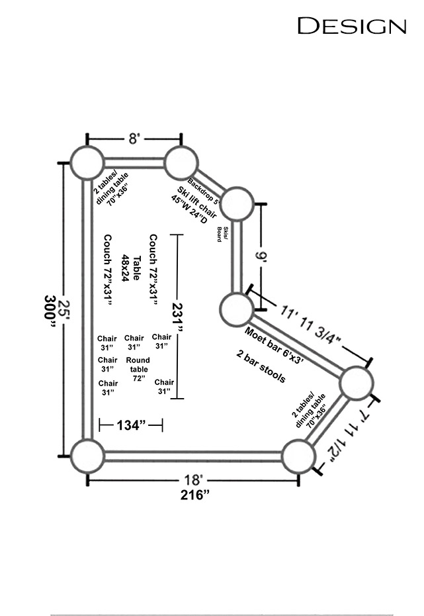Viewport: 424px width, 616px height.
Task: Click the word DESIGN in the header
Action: pos(352,26)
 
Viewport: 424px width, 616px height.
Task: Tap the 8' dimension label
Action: pos(134,138)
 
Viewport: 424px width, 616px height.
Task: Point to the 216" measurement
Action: pos(195,495)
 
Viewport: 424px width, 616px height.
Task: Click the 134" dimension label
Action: pos(131,425)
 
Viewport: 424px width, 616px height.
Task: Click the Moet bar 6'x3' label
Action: pos(274,345)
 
